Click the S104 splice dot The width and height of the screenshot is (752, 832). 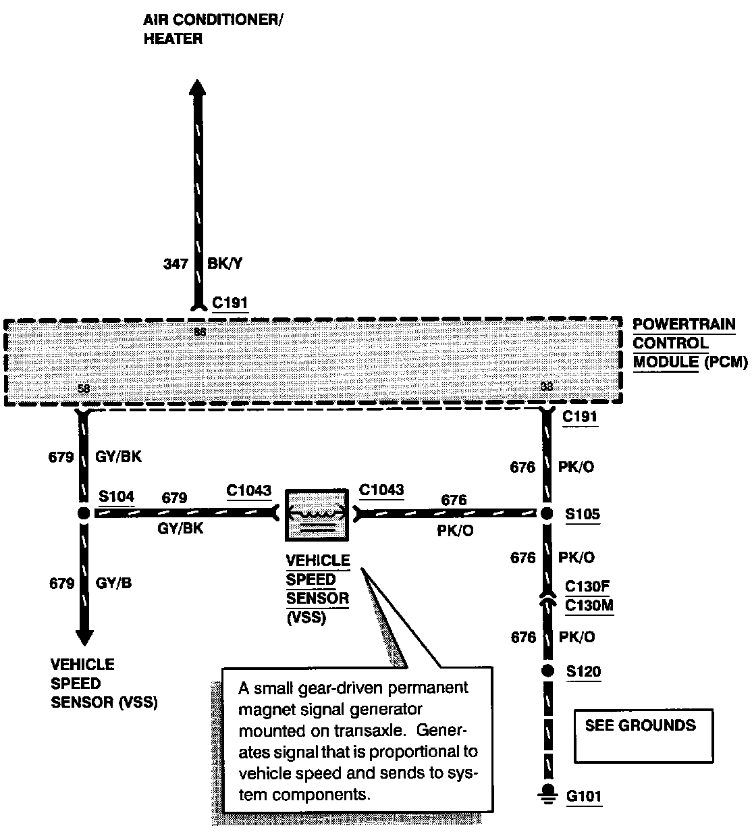(x=83, y=513)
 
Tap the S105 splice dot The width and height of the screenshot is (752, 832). (x=547, y=513)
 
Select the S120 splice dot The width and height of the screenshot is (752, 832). (x=547, y=671)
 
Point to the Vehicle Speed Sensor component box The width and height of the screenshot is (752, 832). (x=317, y=515)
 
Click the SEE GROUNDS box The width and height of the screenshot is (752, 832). (x=643, y=735)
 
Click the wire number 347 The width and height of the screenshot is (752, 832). (x=176, y=264)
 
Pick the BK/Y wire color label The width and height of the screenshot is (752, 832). (x=225, y=264)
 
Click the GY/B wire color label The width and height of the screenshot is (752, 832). (x=113, y=583)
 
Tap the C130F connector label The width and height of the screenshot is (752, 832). (x=588, y=586)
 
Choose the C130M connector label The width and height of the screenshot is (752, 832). (x=589, y=605)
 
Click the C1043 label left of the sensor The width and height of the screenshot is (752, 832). (x=249, y=490)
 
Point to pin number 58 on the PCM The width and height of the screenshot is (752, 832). (x=83, y=389)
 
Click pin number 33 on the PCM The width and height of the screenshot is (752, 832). (x=546, y=387)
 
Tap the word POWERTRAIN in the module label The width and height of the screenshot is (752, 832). (x=684, y=324)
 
